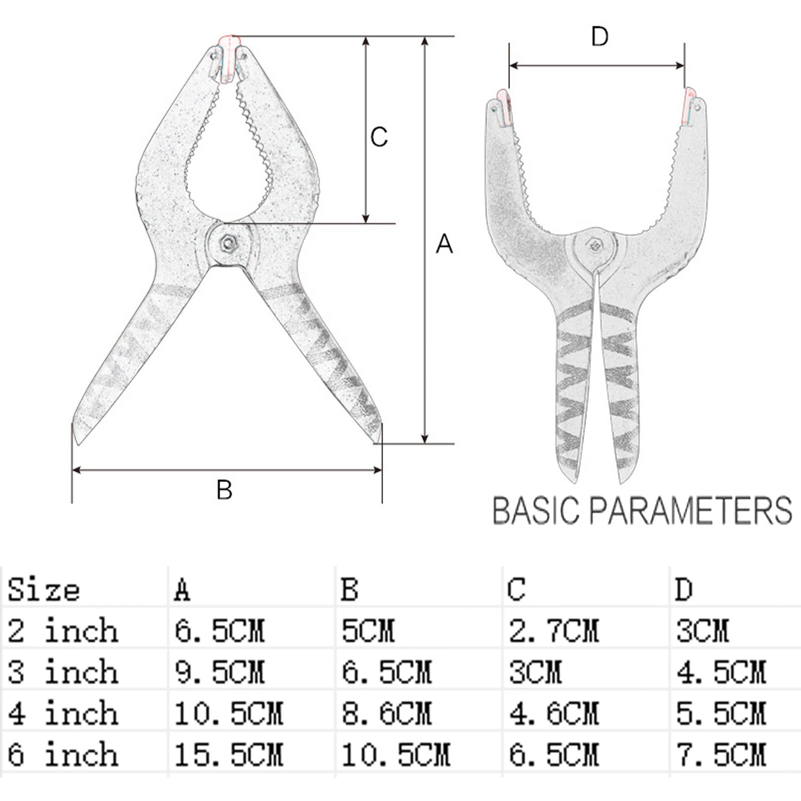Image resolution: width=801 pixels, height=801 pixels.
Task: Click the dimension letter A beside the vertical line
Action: pyautogui.click(x=444, y=244)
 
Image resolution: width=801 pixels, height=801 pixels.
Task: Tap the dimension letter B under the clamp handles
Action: pyautogui.click(x=224, y=490)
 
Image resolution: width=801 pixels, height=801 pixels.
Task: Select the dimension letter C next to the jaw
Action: pyautogui.click(x=379, y=137)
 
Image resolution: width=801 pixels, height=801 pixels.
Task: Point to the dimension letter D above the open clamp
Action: pyautogui.click(x=599, y=37)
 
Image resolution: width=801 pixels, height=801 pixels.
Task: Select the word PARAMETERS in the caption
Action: pyautogui.click(x=690, y=511)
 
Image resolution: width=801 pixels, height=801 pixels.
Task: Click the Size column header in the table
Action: pyautogui.click(x=44, y=589)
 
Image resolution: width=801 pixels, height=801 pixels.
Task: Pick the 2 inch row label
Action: pyautogui.click(x=63, y=630)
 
